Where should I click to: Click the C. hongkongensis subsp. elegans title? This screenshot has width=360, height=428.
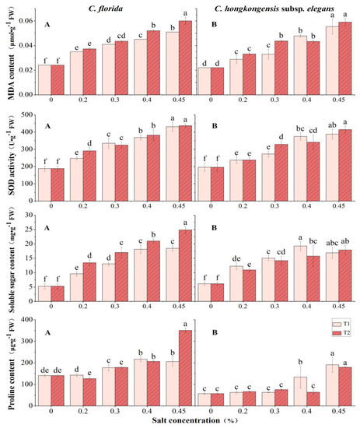pos(273,7)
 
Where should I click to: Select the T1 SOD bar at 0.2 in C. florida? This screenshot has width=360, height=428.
pos(77,174)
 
